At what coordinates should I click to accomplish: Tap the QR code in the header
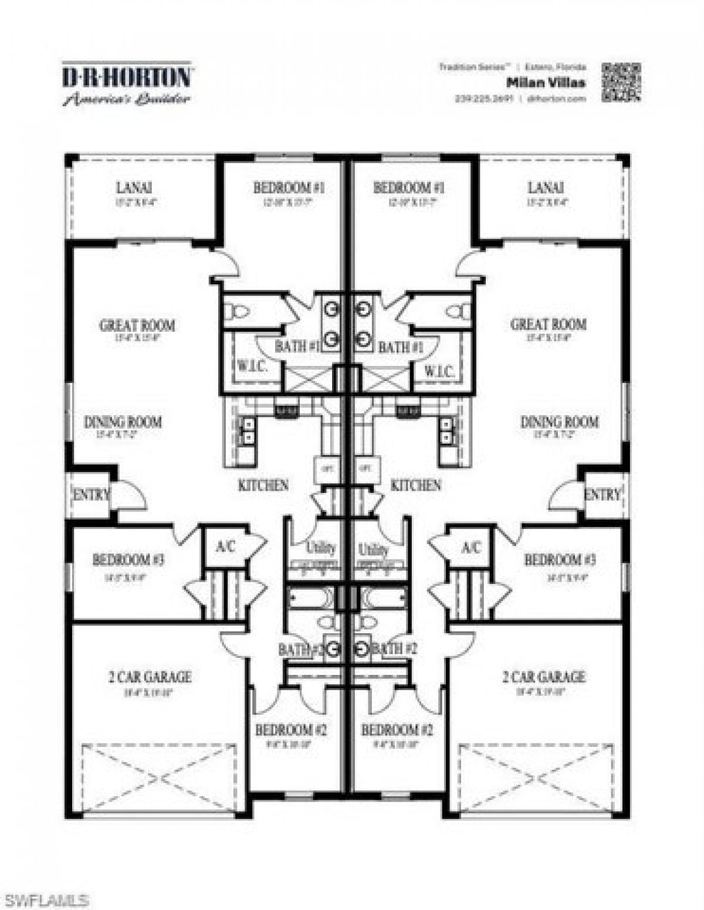pos(621,82)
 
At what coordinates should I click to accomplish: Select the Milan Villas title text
pos(546,83)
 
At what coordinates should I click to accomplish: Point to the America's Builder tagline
pos(127,99)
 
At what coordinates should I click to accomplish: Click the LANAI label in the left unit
pos(134,188)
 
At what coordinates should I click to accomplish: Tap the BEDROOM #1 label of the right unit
pos(408,188)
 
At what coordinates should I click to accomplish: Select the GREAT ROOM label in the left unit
pos(137,325)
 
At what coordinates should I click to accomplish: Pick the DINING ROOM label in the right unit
pos(559,422)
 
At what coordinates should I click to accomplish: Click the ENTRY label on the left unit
pos(90,495)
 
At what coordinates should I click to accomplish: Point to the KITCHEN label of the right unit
pos(415,485)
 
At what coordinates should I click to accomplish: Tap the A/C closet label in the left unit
pos(225,547)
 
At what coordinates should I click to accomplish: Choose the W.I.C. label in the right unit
pos(438,371)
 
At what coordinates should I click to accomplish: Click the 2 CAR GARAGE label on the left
pos(150,677)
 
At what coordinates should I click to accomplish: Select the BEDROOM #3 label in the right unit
pos(560,559)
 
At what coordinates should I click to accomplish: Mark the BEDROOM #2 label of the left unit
pos(291,730)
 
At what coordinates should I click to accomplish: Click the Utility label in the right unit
pos(373,549)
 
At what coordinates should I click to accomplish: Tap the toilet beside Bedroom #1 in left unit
pos(238,311)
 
